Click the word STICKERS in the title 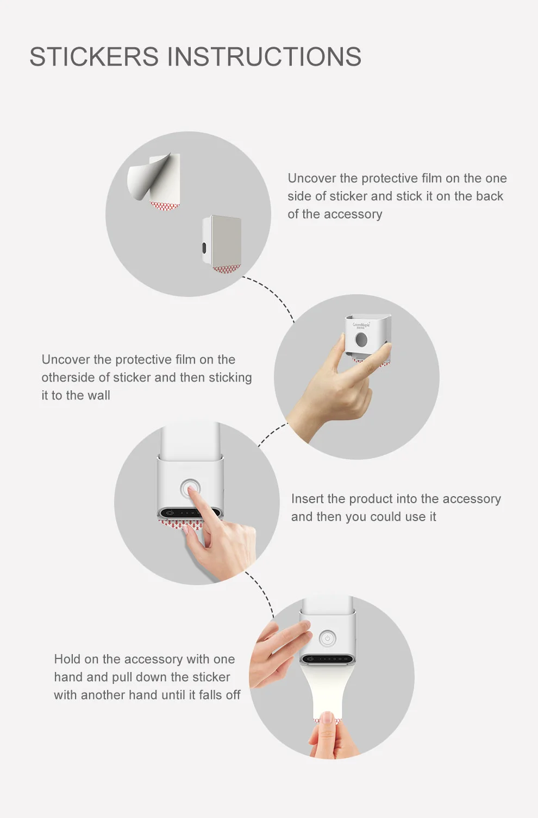click(x=94, y=56)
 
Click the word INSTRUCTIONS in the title click(x=264, y=56)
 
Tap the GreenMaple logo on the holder click(x=361, y=325)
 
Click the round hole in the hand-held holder click(x=361, y=340)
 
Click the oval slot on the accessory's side click(x=204, y=248)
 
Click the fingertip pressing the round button click(x=190, y=491)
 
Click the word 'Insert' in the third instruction click(x=308, y=498)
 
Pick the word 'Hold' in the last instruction click(x=67, y=659)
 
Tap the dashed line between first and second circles click(x=270, y=295)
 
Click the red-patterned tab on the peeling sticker click(x=165, y=205)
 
